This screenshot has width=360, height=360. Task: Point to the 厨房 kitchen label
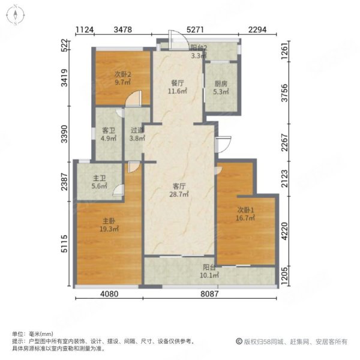pyautogui.click(x=220, y=84)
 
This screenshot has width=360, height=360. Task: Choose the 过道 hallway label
pyautogui.click(x=136, y=130)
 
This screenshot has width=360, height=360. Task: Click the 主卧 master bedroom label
pyautogui.click(x=108, y=220)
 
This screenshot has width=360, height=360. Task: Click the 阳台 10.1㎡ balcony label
pyautogui.click(x=209, y=268)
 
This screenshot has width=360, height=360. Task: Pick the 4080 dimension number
pyautogui.click(x=109, y=294)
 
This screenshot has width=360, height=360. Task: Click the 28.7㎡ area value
pyautogui.click(x=179, y=194)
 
